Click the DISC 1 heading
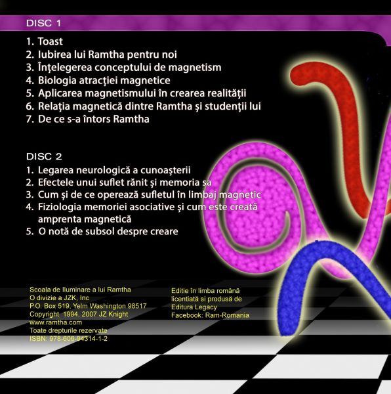tap(43, 23)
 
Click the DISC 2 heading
tap(44, 156)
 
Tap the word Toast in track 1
tap(51, 41)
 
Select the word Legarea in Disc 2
tap(56, 170)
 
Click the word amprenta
tap(62, 219)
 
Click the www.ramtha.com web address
tap(56, 322)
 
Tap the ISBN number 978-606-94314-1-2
tap(78, 338)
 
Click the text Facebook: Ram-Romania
tap(210, 315)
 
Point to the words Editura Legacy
tap(194, 307)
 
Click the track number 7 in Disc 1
tap(30, 120)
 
